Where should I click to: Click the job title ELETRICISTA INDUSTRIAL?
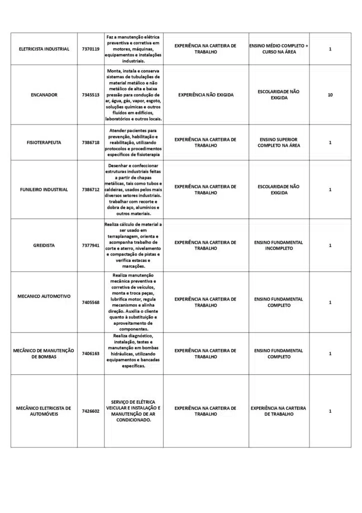[44, 49]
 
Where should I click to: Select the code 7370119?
[90, 49]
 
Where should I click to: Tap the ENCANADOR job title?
[44, 95]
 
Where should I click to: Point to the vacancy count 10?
[330, 95]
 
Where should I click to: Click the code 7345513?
[90, 95]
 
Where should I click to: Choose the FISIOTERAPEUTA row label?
[44, 143]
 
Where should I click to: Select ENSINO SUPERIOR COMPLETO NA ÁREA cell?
[278, 142]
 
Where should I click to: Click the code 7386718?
[90, 143]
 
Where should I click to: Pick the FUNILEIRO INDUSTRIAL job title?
[44, 190]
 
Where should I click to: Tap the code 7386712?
[90, 190]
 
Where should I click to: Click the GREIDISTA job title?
[44, 245]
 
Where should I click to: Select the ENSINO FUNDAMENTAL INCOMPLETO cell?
[278, 245]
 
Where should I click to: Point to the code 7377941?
[90, 245]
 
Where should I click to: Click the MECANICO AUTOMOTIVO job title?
[44, 296]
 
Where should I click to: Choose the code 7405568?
[90, 303]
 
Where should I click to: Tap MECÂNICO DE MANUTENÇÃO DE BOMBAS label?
[44, 354]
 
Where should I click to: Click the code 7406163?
[90, 354]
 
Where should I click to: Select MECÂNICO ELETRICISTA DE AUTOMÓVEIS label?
[44, 411]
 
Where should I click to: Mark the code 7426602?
[90, 411]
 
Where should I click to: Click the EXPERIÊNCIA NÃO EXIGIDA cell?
[205, 95]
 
